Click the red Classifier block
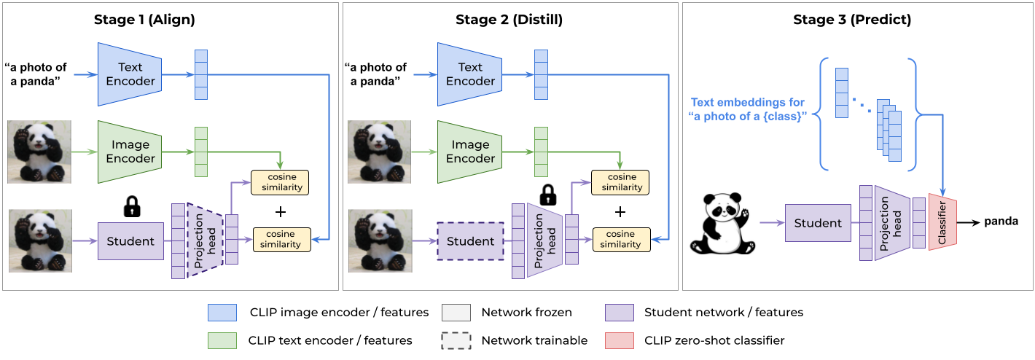coord(942,222)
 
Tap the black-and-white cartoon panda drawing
coord(723,222)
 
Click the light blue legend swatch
coord(222,313)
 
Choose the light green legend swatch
coord(222,340)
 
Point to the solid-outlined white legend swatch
coord(456,313)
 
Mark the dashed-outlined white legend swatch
coord(456,340)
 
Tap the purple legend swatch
coord(620,313)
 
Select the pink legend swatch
coord(620,340)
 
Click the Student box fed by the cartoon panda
coord(817,223)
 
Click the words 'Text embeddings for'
coord(748,103)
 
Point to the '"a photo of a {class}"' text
coord(748,117)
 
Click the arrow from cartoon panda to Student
coord(771,223)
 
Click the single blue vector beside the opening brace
coord(842,93)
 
